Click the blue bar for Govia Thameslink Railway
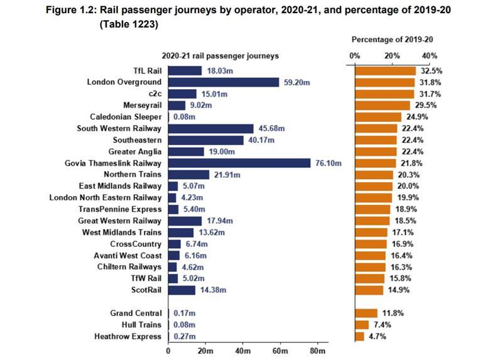point(240,163)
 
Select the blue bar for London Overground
point(224,82)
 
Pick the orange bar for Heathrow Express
point(359,336)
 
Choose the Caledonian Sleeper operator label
point(126,117)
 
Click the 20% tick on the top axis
point(393,56)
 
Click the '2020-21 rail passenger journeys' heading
point(220,56)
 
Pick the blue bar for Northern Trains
point(188,175)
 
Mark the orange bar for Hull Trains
point(362,325)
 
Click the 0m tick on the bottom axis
point(168,351)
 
